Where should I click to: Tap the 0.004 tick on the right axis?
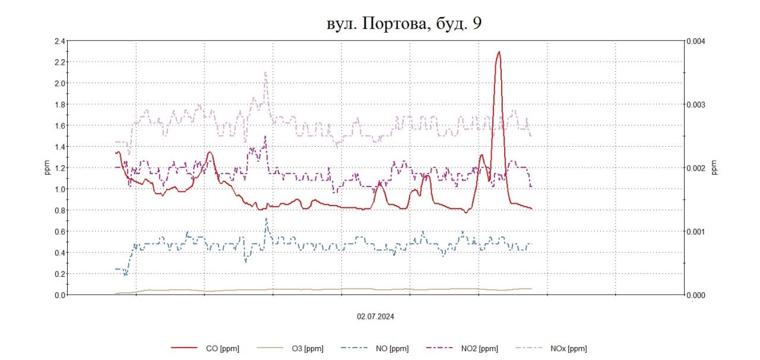pyautogui.click(x=695, y=42)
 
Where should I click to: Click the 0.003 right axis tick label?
pyautogui.click(x=695, y=105)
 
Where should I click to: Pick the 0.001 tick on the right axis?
pyautogui.click(x=695, y=232)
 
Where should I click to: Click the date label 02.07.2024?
pyautogui.click(x=375, y=317)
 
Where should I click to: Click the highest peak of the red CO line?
pyautogui.click(x=499, y=52)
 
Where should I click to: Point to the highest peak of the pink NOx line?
pyautogui.click(x=265, y=72)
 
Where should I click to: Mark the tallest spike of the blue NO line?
pyautogui.click(x=266, y=218)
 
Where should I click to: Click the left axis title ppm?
pyautogui.click(x=47, y=168)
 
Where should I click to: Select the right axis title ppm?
pyautogui.click(x=714, y=168)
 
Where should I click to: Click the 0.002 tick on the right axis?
pyautogui.click(x=695, y=168)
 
